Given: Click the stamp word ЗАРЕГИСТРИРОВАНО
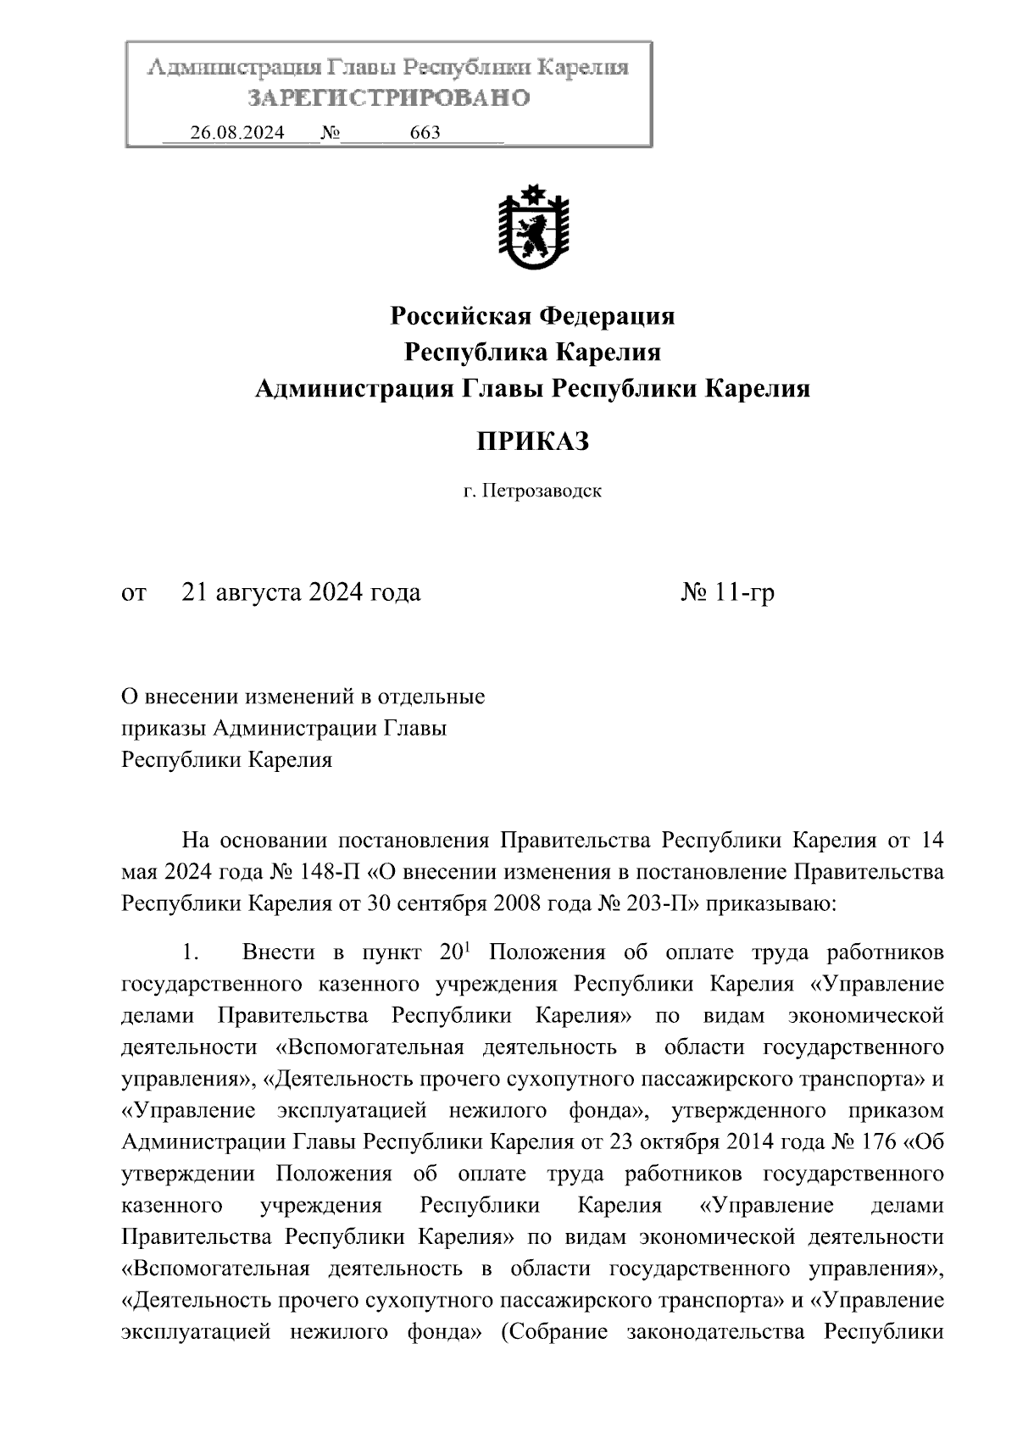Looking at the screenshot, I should (x=389, y=98).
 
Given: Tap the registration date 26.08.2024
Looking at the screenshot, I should (x=237, y=133).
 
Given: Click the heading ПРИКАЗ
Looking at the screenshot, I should (x=532, y=441).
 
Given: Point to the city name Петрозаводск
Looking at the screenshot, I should (x=542, y=491).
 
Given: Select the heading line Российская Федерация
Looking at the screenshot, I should (x=532, y=316).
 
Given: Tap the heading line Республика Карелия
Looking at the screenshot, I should (x=532, y=352).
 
